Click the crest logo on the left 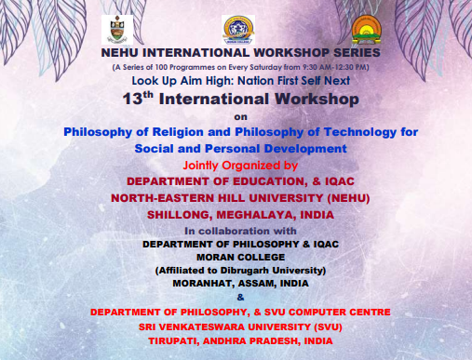(x=117, y=30)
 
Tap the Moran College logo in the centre (x=238, y=30)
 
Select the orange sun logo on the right (x=367, y=30)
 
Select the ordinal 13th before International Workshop (x=138, y=99)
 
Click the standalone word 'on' (x=240, y=117)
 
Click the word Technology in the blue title (x=360, y=132)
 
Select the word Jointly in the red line (x=200, y=166)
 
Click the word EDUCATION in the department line (x=269, y=181)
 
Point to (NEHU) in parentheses (x=348, y=198)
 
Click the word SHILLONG (x=180, y=215)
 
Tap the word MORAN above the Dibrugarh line (x=213, y=258)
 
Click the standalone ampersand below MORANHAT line (x=240, y=298)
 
